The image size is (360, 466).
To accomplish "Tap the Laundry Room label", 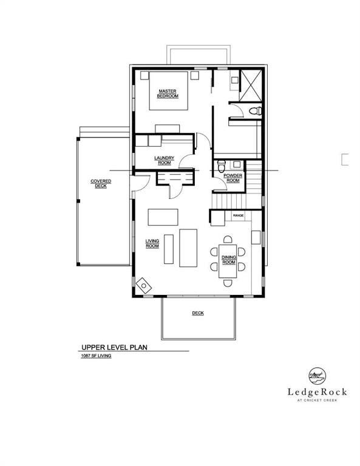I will pyautogui.click(x=164, y=160).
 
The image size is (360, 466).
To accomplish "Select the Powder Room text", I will pyautogui.click(x=233, y=178).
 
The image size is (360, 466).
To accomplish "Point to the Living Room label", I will pyautogui.click(x=152, y=243).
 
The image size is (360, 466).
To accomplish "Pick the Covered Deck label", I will pyautogui.click(x=100, y=184).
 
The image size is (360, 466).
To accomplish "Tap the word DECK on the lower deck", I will pyautogui.click(x=198, y=313).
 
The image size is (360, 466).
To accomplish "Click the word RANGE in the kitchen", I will pyautogui.click(x=239, y=215).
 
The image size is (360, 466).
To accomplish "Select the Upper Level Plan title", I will pyautogui.click(x=115, y=348).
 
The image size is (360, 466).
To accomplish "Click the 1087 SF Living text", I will pyautogui.click(x=97, y=356).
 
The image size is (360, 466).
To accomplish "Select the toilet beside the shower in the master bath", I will pyautogui.click(x=256, y=110).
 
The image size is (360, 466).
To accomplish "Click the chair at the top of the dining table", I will pyautogui.click(x=228, y=240).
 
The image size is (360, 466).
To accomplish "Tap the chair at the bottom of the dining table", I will pyautogui.click(x=228, y=282).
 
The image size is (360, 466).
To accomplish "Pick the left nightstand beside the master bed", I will pyautogui.click(x=144, y=76).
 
